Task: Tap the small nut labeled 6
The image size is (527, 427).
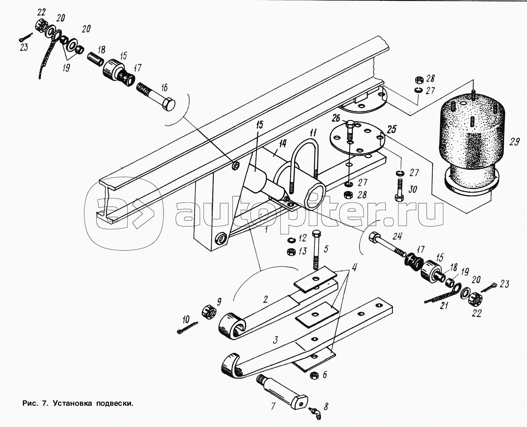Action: [x=314, y=374]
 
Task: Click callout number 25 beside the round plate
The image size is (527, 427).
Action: [x=392, y=130]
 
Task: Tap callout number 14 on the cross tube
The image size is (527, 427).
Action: [x=283, y=143]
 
